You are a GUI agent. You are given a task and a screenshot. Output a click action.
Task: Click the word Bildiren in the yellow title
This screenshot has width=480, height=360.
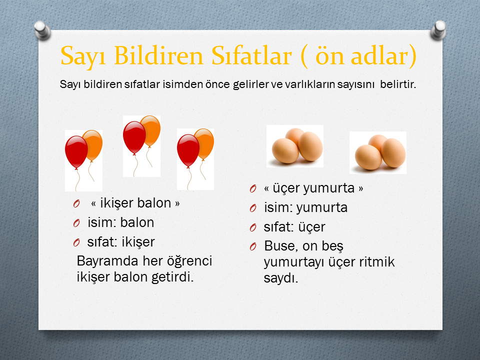pos(159,55)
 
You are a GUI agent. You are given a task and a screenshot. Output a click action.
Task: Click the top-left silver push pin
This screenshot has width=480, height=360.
pos(42,30)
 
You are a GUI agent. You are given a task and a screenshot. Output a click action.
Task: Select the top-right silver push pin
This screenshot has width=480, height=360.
pos(438,30)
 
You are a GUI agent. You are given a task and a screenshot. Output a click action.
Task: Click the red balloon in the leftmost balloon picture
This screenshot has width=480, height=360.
pos(76,152)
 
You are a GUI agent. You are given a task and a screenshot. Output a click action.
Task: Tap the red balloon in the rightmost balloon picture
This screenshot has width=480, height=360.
pos(188,150)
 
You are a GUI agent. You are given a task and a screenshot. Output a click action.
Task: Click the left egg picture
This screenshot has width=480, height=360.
pos(295,146)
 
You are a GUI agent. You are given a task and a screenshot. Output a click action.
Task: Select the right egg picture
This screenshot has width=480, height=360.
pos(378,153)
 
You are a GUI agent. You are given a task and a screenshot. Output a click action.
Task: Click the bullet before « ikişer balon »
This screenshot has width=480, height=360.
pos(76,203)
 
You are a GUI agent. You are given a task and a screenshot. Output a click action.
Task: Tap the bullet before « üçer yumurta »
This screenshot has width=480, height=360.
pos(253,188)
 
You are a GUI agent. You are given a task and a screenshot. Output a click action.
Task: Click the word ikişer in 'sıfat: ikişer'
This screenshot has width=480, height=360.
pos(138,242)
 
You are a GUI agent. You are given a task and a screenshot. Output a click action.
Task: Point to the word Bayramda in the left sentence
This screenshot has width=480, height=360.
pos(107,261)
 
